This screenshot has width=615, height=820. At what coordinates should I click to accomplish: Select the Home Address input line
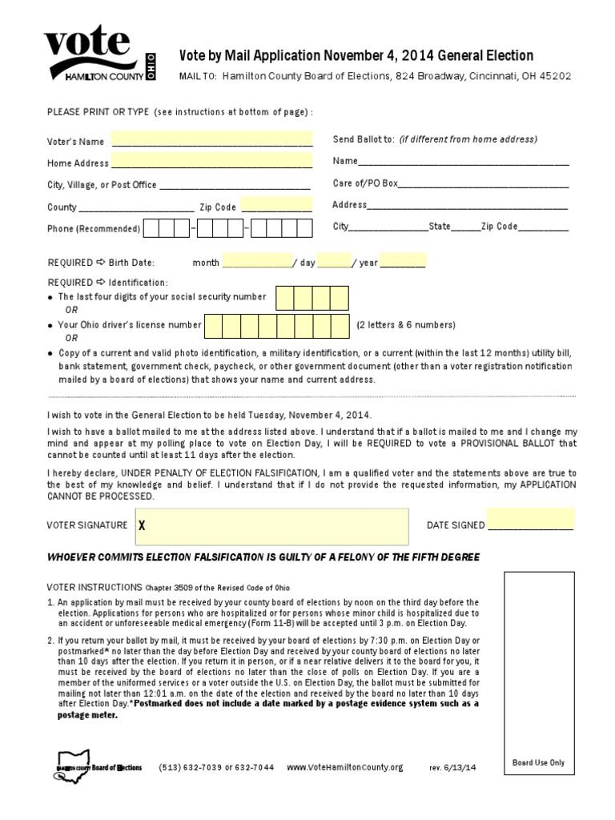pos(211,163)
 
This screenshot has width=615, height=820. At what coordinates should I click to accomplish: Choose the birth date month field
pos(257,261)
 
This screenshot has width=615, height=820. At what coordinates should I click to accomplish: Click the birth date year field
pos(403,261)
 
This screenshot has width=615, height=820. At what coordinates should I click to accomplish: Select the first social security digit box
pos(285,298)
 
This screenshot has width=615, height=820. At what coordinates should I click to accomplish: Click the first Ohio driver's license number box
pos(211,325)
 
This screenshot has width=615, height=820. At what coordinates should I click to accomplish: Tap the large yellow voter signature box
pos(272,525)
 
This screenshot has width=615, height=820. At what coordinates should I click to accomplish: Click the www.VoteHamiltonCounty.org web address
pos(344,767)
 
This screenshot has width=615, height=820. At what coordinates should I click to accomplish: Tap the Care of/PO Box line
pos(483,183)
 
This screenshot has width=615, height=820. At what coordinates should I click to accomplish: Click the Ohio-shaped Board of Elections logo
pos(98,764)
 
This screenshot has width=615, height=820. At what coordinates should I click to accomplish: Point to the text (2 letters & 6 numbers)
pos(406,325)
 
